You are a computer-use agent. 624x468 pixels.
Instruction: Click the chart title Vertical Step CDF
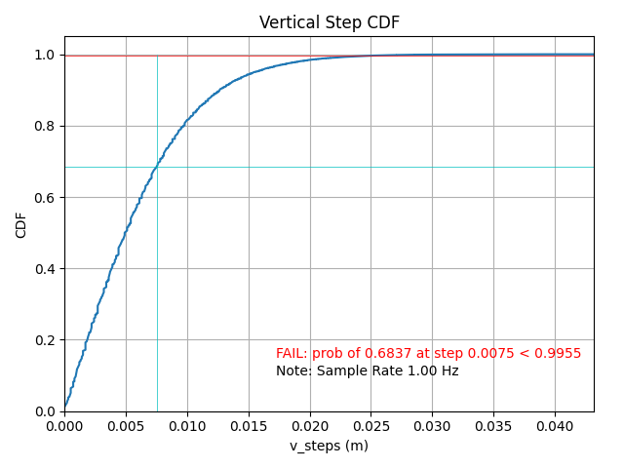pyautogui.click(x=329, y=22)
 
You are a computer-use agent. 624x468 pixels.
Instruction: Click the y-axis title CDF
pyautogui.click(x=21, y=224)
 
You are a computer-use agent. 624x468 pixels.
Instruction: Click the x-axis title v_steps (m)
pyautogui.click(x=329, y=446)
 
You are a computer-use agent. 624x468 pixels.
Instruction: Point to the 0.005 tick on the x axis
pyautogui.click(x=126, y=425)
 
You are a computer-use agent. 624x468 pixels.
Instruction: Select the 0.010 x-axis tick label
pyautogui.click(x=187, y=425)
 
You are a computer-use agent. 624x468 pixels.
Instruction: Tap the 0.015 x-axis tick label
pyautogui.click(x=249, y=425)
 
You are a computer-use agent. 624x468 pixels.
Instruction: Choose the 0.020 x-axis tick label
pyautogui.click(x=310, y=425)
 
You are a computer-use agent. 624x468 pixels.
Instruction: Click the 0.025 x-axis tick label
pyautogui.click(x=370, y=425)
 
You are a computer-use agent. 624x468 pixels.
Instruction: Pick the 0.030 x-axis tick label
pyautogui.click(x=432, y=425)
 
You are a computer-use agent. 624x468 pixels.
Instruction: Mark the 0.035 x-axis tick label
pyautogui.click(x=493, y=425)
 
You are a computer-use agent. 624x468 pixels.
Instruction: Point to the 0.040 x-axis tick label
pyautogui.click(x=555, y=425)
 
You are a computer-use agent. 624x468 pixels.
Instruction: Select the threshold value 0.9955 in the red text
pyautogui.click(x=561, y=354)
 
